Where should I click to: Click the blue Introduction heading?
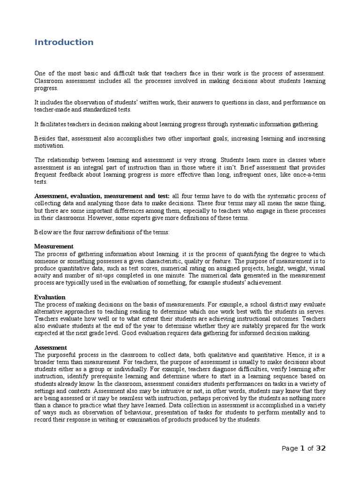coord(64,42)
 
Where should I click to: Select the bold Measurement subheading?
coord(54,246)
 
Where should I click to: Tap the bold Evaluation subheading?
coord(50,297)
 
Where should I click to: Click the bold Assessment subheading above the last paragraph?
coord(51,348)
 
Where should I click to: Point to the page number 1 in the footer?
coord(302,448)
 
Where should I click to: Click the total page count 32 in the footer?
coord(321,448)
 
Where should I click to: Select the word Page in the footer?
coord(289,449)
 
